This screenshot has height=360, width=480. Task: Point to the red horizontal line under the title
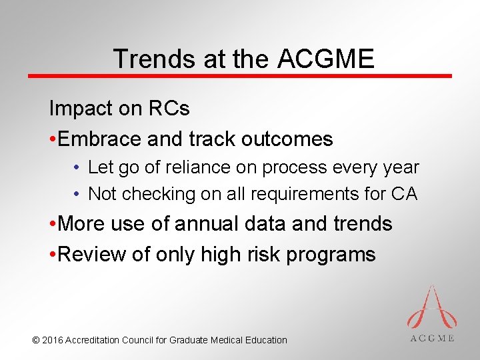pos(240,76)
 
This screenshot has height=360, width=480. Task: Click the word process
pos(292,167)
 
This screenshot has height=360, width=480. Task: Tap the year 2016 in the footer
pos(53,340)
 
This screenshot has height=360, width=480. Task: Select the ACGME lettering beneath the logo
pos(432,338)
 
